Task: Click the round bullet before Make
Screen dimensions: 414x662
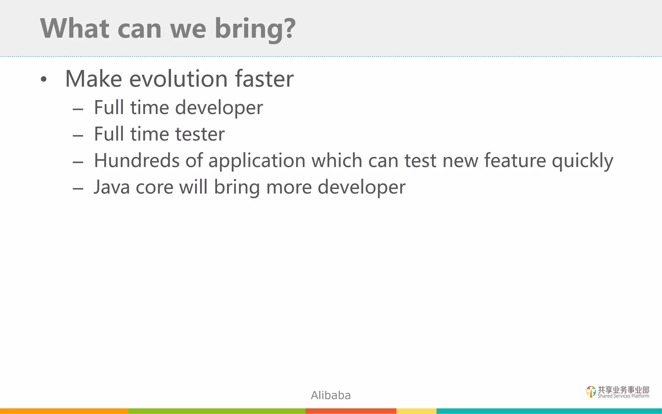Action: point(44,80)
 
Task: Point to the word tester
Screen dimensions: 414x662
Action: point(199,134)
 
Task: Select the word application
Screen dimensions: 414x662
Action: point(257,160)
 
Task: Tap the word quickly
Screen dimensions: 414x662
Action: point(582,160)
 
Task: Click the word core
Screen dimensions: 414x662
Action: point(154,188)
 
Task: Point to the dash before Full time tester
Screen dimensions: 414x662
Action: point(78,136)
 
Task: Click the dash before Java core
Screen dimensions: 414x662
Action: point(78,189)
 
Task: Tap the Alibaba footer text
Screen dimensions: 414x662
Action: point(331,395)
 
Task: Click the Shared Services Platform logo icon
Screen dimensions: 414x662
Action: point(591,391)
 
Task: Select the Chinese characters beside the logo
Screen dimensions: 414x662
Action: point(623,390)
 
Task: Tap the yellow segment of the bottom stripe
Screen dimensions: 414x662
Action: point(416,411)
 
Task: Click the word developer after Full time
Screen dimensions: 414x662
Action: point(219,107)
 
